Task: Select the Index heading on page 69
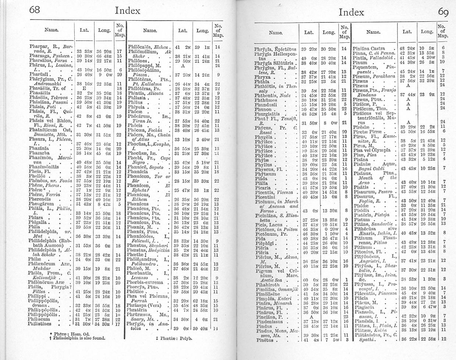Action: pos(351,12)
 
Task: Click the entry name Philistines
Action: pos(42,324)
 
